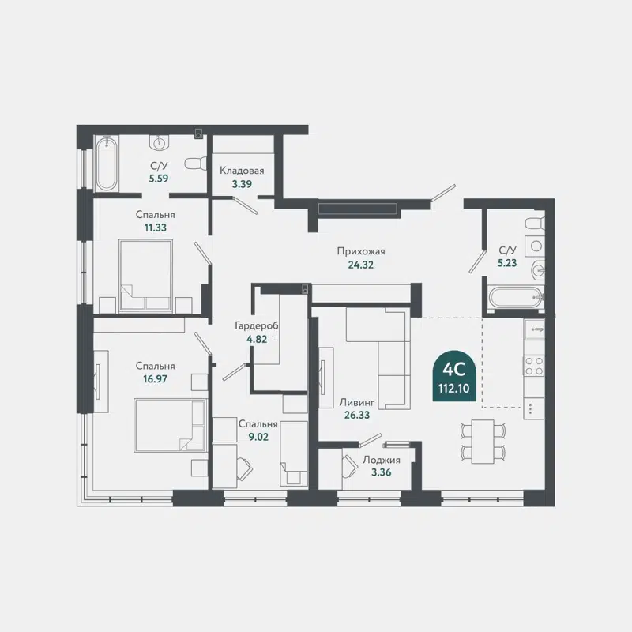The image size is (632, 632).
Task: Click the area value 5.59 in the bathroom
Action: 159,178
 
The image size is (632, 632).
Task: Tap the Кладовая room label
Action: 242,171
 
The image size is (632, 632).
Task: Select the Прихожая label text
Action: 355,252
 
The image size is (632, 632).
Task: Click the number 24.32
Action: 360,265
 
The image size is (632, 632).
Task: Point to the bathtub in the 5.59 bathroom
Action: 106,164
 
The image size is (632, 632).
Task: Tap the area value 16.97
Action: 155,379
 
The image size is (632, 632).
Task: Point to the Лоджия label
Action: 381,460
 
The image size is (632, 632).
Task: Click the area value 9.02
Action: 258,437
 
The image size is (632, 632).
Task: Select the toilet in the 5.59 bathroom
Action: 194,164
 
